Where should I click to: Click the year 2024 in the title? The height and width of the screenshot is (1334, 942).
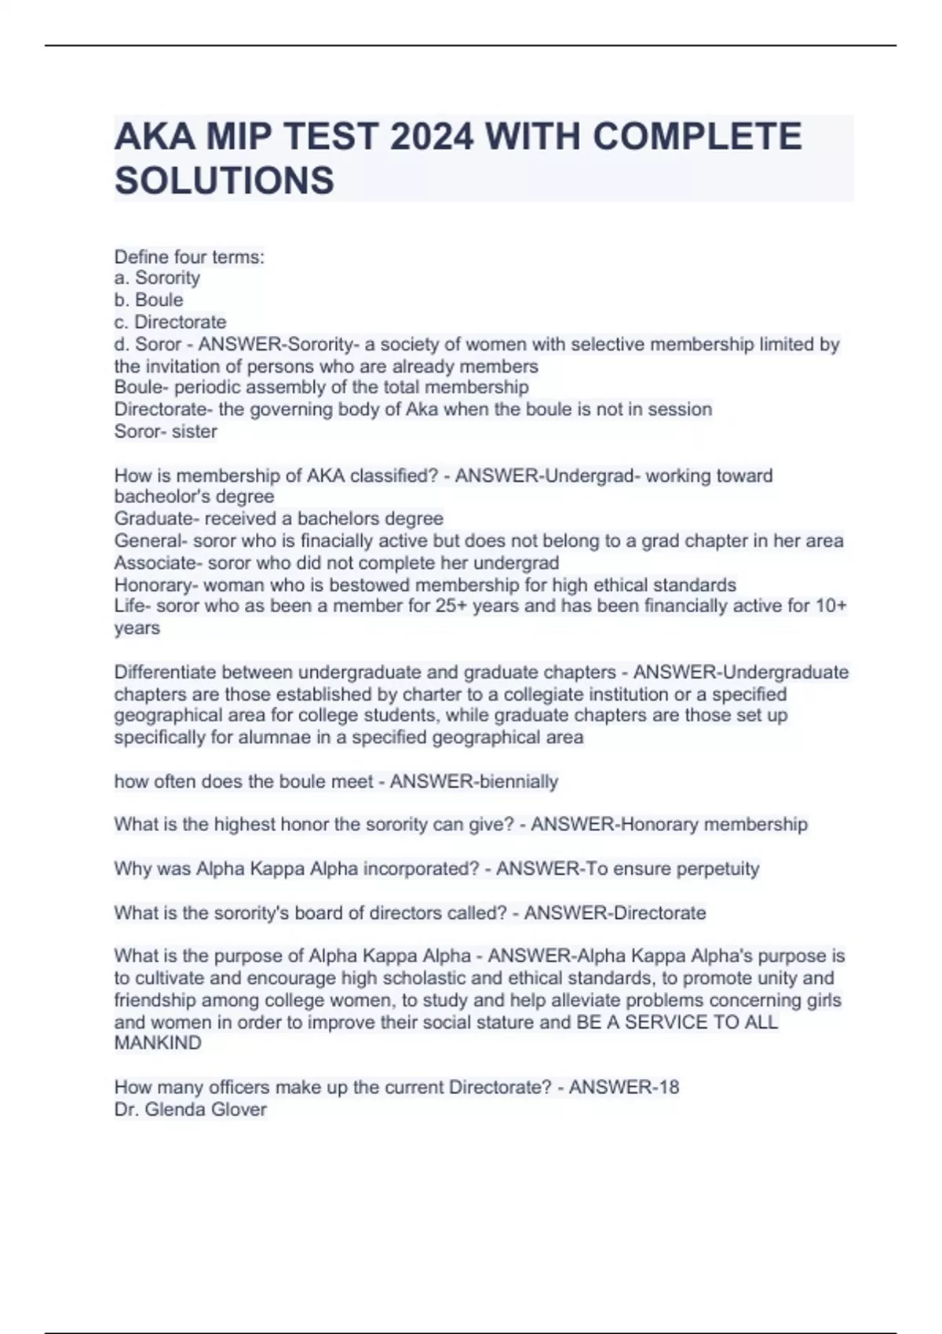pos(432,137)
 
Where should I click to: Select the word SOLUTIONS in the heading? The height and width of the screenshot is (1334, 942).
pos(225,181)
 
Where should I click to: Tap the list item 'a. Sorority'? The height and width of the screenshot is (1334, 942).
pos(157,278)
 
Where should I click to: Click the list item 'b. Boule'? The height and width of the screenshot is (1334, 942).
pos(148,300)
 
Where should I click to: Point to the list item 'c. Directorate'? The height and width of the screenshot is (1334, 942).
pos(170,322)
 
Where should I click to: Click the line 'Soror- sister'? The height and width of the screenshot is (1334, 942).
pos(166,432)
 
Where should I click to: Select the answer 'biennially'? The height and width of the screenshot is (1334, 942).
pos(519,782)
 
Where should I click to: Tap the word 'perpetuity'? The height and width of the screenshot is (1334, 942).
pos(714,869)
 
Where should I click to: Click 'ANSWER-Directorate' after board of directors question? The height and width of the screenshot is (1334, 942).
pos(615,913)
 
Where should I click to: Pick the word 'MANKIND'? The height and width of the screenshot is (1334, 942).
pos(158,1043)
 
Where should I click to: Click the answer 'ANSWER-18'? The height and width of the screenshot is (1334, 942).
pos(624,1087)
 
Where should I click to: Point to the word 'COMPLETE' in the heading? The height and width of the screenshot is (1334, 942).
pos(697,137)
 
